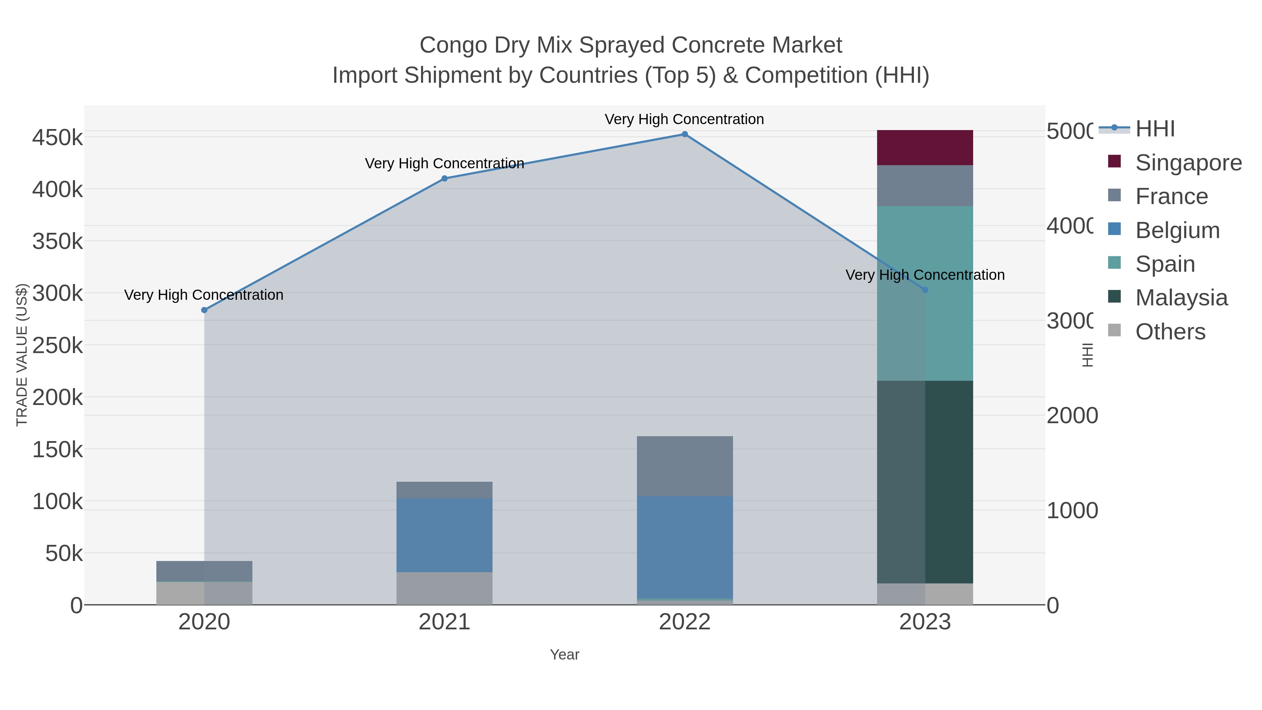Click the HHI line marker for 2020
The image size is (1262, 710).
[x=204, y=310]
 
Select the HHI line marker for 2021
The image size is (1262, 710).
[x=445, y=178]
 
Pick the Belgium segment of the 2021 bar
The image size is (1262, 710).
[x=445, y=535]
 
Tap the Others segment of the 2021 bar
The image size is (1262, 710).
[x=445, y=588]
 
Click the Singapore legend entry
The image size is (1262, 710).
[x=1188, y=163]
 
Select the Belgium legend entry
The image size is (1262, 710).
[x=1177, y=230]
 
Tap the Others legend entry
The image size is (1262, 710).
[x=1170, y=332]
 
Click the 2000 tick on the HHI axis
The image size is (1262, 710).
[x=1072, y=415]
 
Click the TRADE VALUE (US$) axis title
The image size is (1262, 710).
[x=22, y=355]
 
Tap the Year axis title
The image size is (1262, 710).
[x=564, y=655]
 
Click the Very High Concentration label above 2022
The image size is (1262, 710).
[x=684, y=120]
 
